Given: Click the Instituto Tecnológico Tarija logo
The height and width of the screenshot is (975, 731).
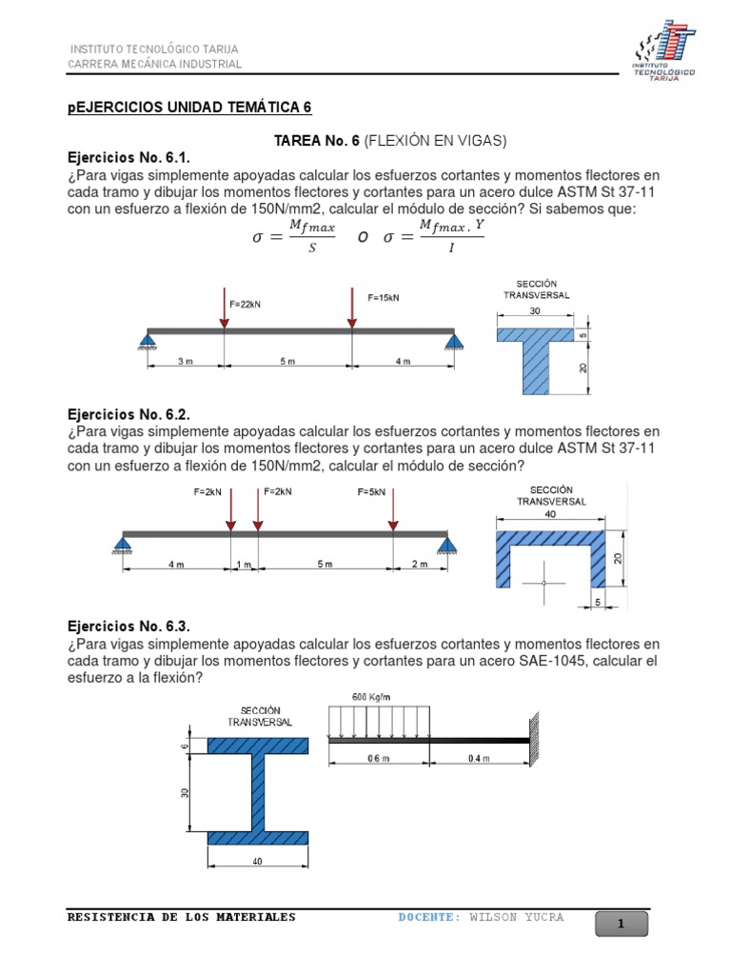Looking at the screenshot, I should tap(664, 51).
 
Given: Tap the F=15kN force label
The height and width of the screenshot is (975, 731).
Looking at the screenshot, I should tap(384, 297).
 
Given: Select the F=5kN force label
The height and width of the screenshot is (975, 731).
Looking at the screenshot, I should tap(372, 491).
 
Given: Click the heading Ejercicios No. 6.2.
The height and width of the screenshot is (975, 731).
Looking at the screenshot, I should tap(128, 414).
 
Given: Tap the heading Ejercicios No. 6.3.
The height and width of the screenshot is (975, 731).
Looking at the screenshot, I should tap(128, 626).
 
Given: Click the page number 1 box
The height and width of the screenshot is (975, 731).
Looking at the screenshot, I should tap(621, 924).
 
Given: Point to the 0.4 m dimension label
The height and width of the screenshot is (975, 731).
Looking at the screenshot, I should tap(480, 758).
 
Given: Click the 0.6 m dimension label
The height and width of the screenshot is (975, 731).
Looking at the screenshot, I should tap(380, 758).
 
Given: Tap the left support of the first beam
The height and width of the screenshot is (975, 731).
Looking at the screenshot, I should tap(148, 339).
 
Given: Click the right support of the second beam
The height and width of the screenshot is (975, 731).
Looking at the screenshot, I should tap(448, 544).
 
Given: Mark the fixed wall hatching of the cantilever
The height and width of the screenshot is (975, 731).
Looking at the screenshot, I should tap(536, 736).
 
